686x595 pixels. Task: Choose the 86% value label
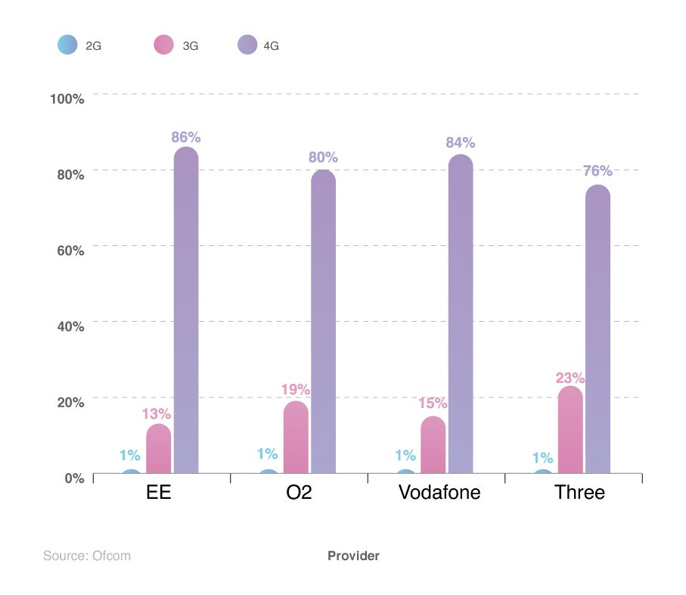[x=186, y=137]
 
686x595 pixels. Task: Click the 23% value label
[x=570, y=377]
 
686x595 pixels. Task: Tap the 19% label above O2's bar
[x=296, y=390]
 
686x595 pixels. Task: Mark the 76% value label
[x=598, y=171]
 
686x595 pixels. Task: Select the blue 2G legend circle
[x=67, y=45]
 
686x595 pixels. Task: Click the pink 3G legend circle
[x=164, y=45]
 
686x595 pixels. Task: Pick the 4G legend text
[x=271, y=45]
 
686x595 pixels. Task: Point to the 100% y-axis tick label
[x=67, y=98]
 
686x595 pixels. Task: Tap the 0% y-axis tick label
[x=73, y=478]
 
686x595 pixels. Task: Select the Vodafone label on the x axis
[x=439, y=493]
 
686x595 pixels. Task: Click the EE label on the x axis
[x=159, y=493]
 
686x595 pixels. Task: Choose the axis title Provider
[x=353, y=556]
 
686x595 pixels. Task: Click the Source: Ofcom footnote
[x=87, y=556]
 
